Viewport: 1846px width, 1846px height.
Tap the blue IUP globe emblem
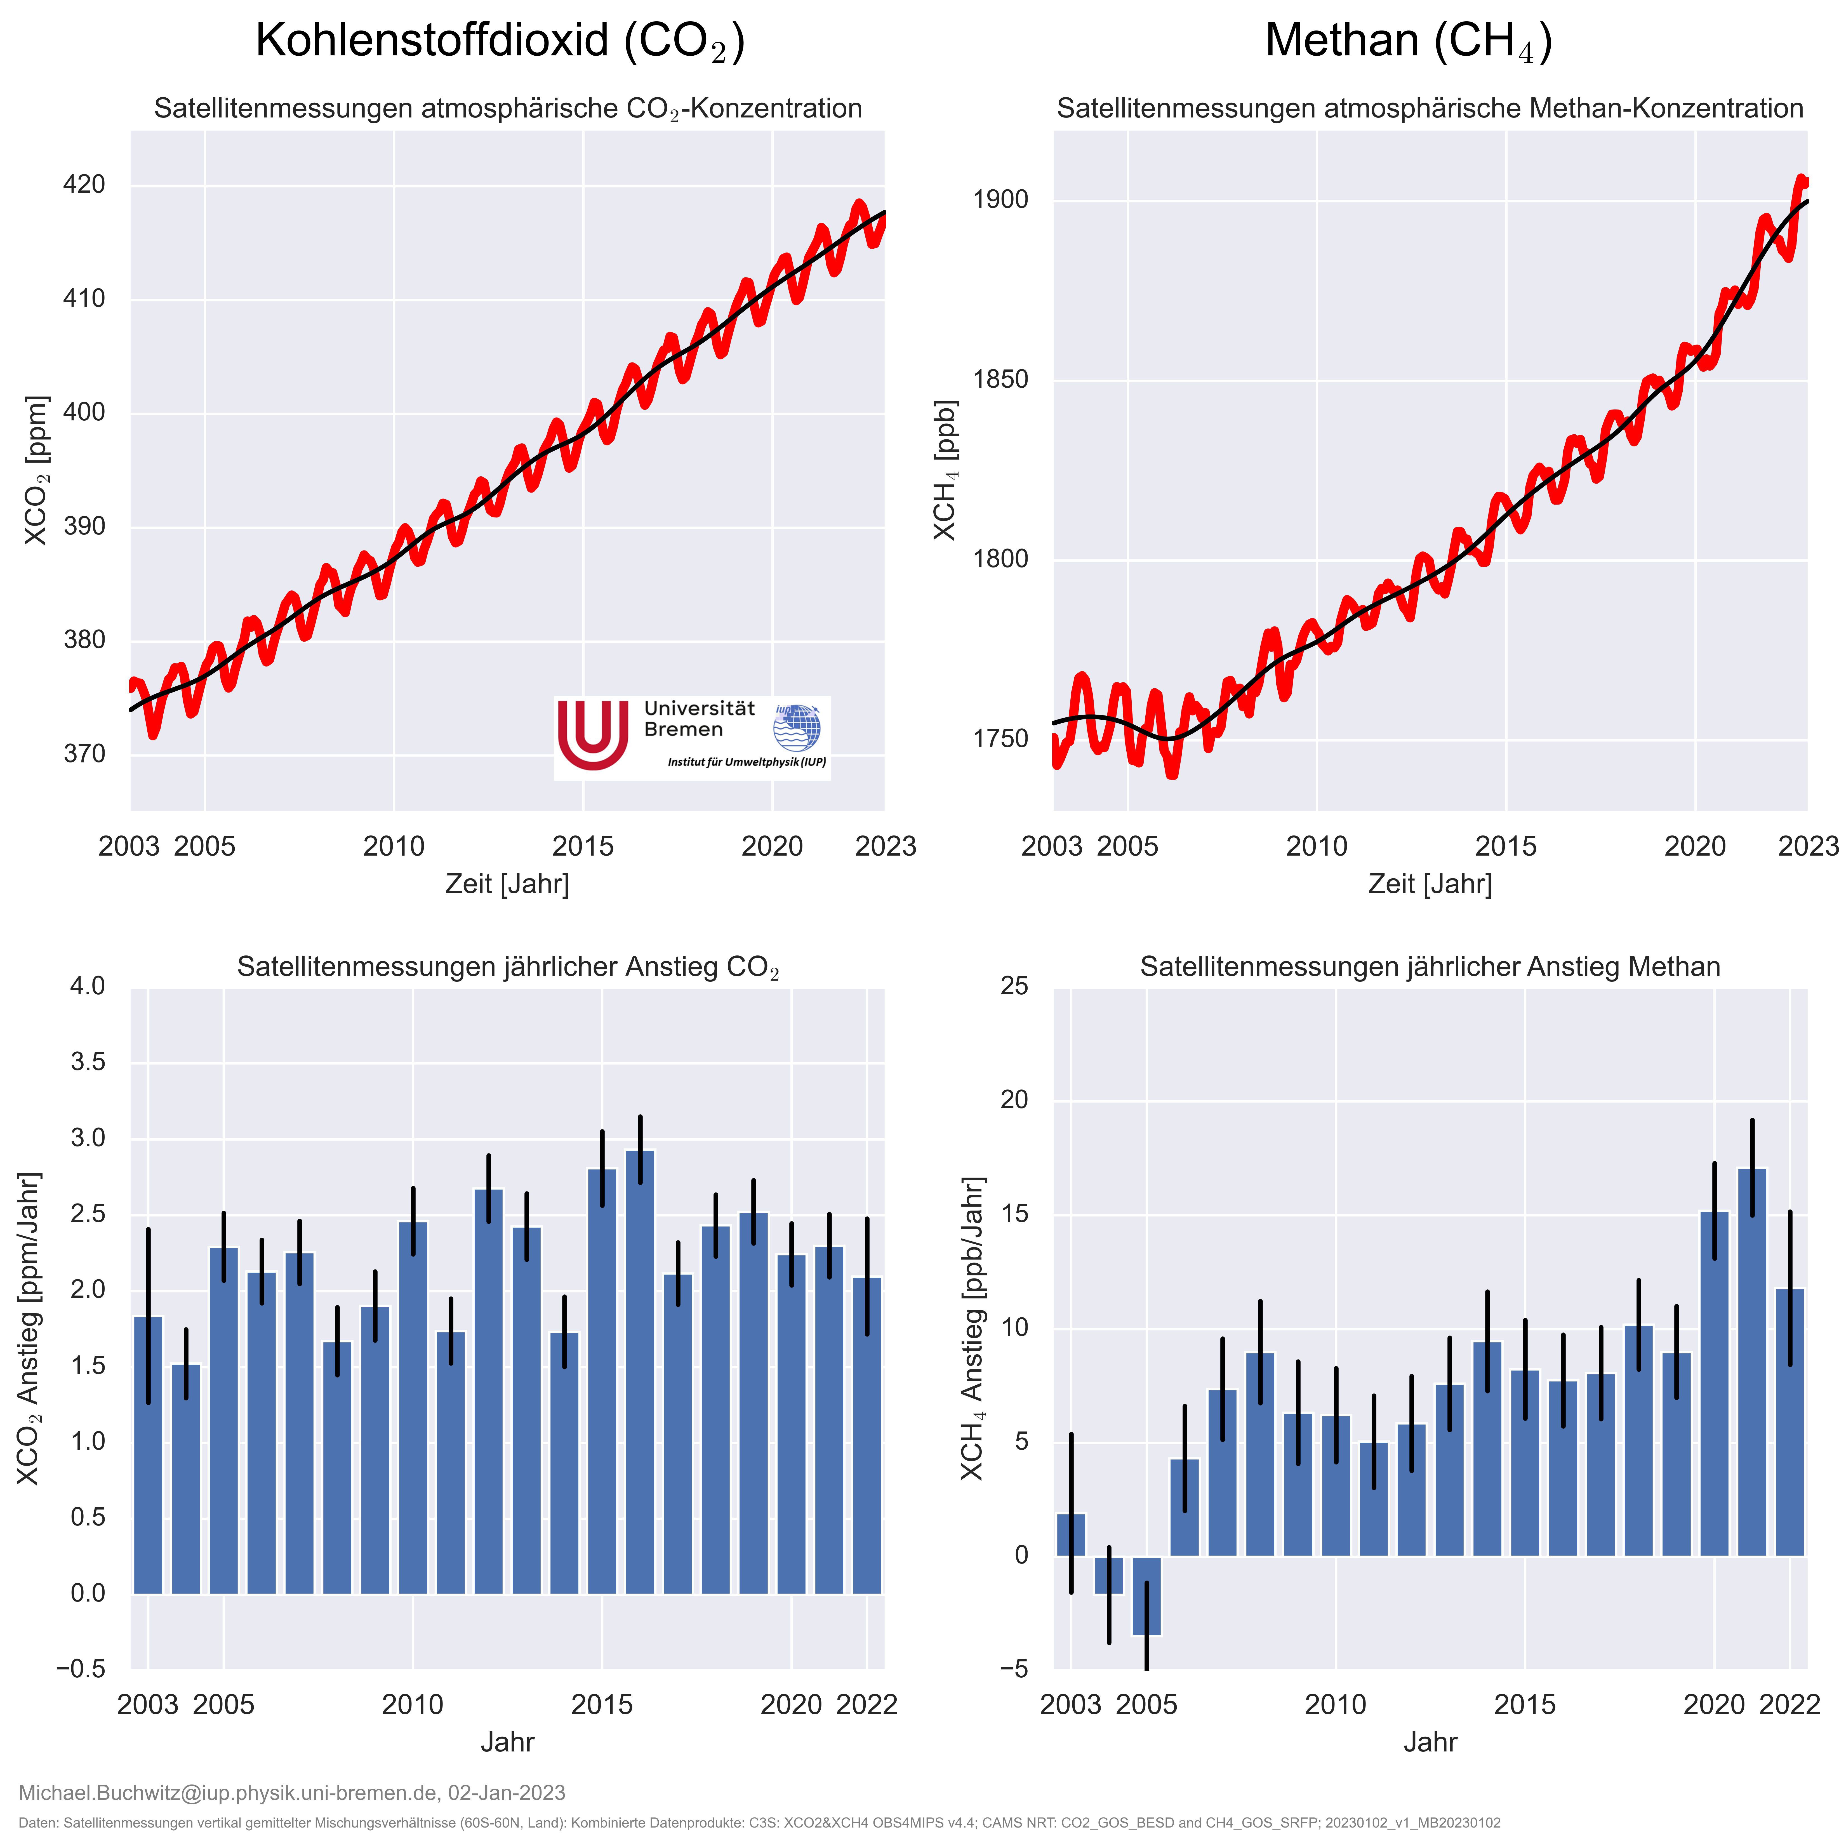tap(797, 728)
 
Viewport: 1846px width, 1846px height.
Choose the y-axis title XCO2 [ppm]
tap(36, 470)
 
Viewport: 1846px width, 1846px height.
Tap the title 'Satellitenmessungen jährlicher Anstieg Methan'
tap(1430, 967)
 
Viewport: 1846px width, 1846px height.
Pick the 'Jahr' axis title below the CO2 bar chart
tap(507, 1742)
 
